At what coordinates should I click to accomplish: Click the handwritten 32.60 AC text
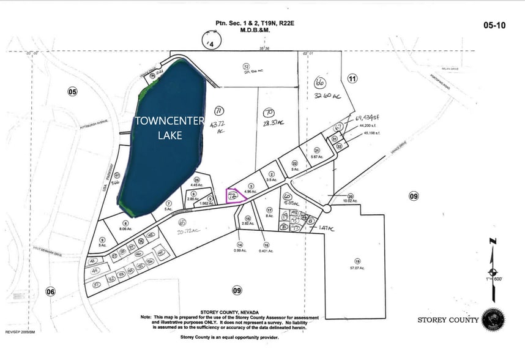click(x=326, y=96)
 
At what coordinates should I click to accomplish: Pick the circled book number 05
click(x=73, y=92)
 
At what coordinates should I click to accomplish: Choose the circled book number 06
click(x=50, y=292)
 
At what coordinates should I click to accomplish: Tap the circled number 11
click(x=352, y=78)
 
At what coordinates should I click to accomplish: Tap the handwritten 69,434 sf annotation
click(x=368, y=116)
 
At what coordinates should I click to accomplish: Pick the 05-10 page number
click(x=495, y=26)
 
